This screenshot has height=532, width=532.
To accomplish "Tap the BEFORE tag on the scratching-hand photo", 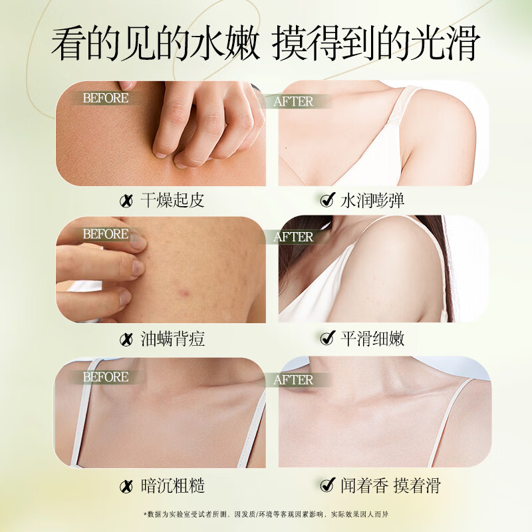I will (x=105, y=98).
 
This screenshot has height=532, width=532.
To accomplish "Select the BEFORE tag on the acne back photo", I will (x=105, y=234).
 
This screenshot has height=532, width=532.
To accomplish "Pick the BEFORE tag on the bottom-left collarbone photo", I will (x=105, y=377).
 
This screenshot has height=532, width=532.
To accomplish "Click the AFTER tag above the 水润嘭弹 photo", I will (x=293, y=102).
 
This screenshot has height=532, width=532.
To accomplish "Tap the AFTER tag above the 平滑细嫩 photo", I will (x=293, y=237).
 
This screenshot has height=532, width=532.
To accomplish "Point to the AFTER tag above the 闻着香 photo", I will (x=293, y=380).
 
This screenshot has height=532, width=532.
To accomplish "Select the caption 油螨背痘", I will (x=172, y=339).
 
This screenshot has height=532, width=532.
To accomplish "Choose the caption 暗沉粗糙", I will (x=172, y=485).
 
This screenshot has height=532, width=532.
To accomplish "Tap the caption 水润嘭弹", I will (x=372, y=200).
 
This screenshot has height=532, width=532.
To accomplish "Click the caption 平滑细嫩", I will (x=372, y=339).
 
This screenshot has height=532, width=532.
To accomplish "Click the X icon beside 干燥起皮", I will (x=125, y=201).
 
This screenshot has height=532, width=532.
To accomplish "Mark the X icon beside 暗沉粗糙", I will (x=125, y=486).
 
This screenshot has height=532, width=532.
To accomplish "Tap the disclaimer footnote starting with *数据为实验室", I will (x=266, y=515).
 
